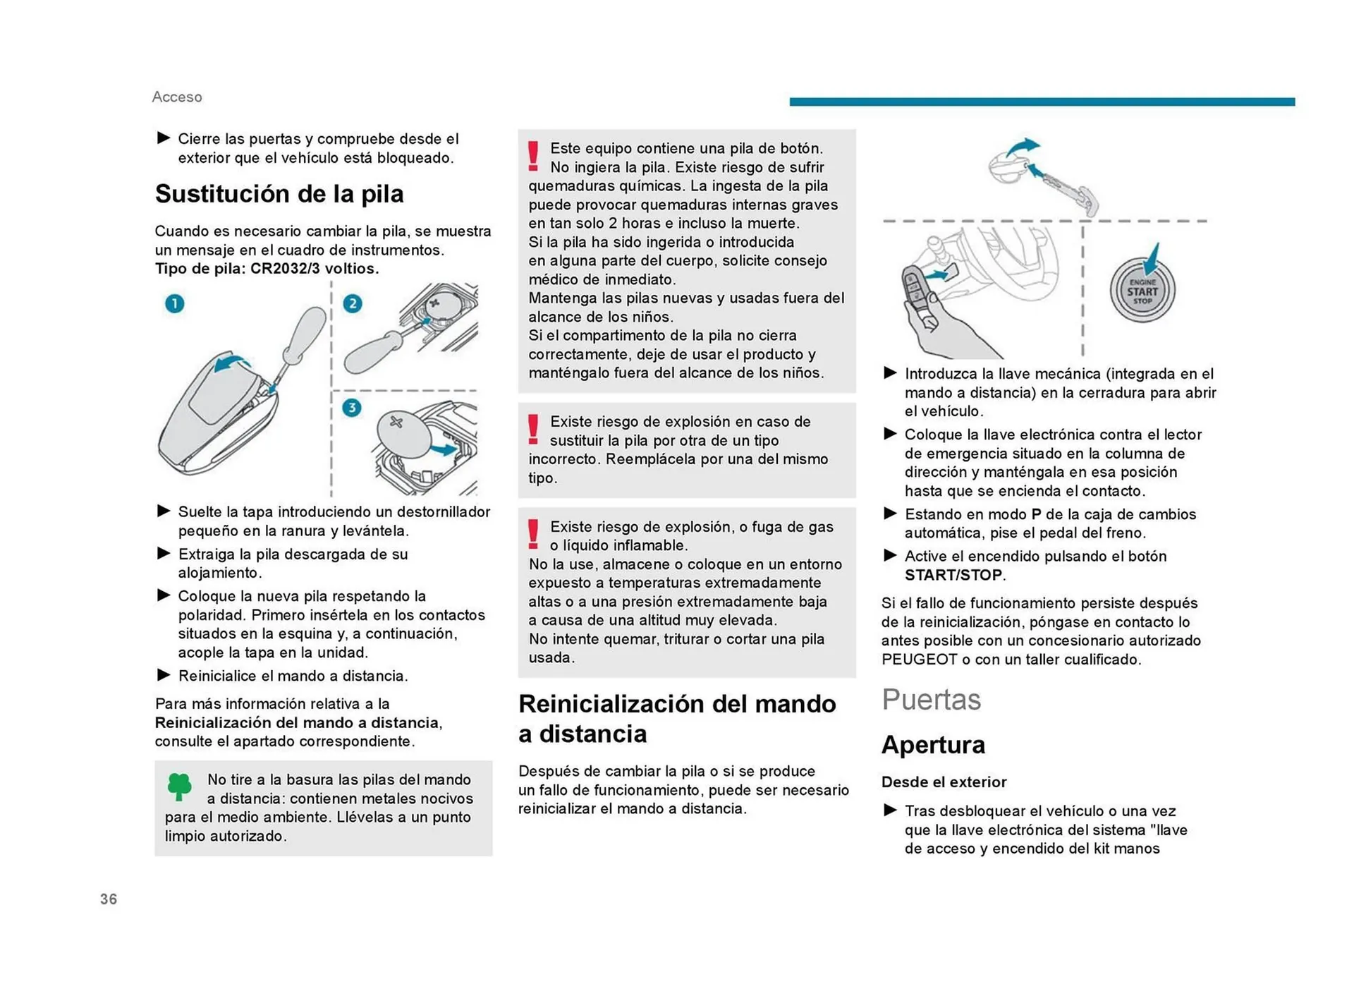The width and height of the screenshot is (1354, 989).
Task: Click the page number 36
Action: tap(109, 899)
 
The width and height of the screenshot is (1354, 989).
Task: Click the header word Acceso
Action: tap(177, 97)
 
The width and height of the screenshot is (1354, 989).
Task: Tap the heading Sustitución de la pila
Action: tap(279, 194)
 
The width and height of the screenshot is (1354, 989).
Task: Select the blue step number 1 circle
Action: tap(174, 303)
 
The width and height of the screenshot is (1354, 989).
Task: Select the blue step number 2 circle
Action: tap(353, 303)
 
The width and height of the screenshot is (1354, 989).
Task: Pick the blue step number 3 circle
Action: tap(351, 408)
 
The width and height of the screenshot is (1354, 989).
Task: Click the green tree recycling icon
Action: tap(179, 785)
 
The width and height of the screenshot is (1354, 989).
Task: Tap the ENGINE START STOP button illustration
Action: tap(1142, 291)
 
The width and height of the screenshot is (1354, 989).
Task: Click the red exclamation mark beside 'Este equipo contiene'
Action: tap(533, 156)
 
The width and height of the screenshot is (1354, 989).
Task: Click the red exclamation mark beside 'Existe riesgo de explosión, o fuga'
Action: tap(533, 534)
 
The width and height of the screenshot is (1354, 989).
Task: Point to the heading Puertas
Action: tap(931, 699)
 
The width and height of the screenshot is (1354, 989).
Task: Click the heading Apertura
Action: tap(933, 745)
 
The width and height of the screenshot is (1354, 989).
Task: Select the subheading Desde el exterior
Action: tap(944, 782)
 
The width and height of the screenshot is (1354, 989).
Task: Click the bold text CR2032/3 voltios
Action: tap(315, 269)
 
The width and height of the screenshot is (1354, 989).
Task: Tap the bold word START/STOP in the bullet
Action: tap(953, 575)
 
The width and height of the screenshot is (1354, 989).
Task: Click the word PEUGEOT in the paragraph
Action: tap(915, 660)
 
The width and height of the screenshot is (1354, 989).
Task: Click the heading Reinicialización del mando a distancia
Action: tap(677, 718)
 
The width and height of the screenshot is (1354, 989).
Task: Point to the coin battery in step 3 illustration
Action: tap(403, 432)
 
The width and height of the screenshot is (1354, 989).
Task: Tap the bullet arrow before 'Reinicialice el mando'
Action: tap(164, 675)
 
